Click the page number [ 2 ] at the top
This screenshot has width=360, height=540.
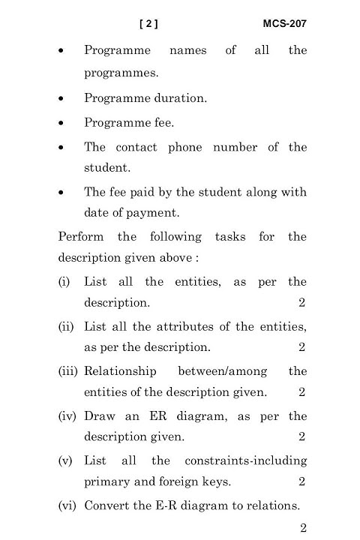point(149,24)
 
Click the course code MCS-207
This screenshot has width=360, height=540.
point(284,24)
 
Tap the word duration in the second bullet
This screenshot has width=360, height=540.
point(178,98)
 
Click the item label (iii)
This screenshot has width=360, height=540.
point(69,371)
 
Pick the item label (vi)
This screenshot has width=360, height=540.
point(68,505)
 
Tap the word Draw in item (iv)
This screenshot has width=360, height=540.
point(100,416)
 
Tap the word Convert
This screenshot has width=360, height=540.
point(106,505)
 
